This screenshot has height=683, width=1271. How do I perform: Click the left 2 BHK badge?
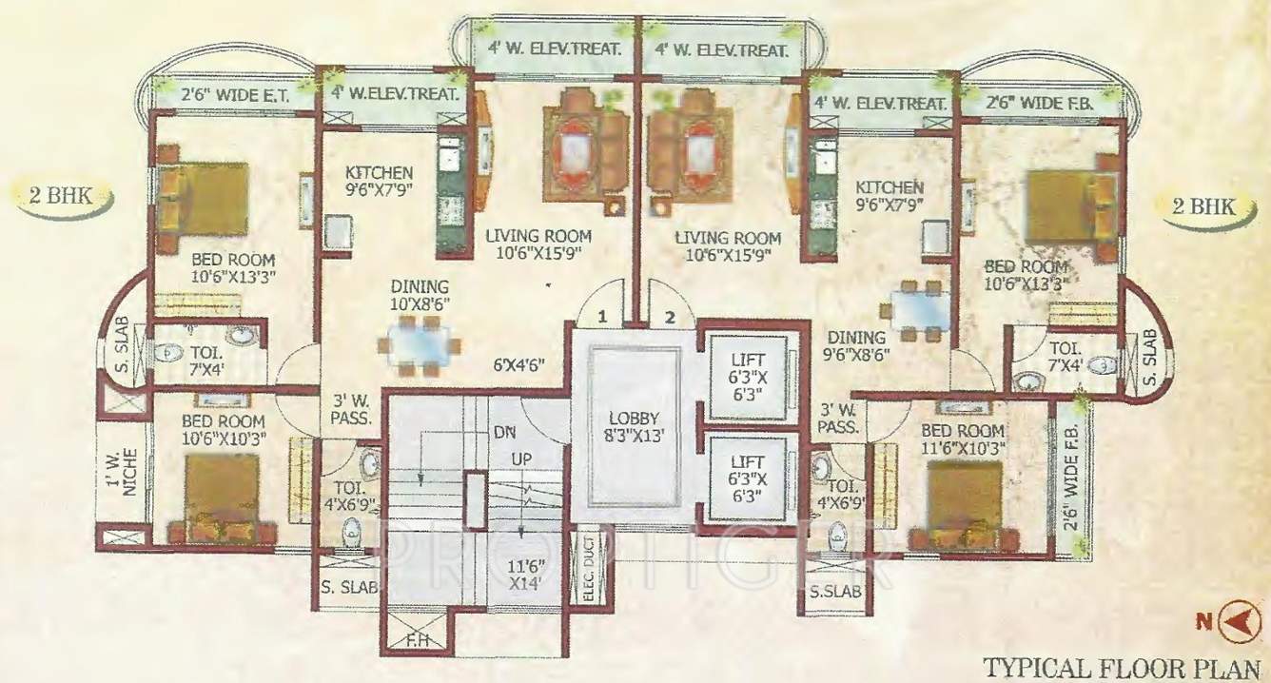click(x=62, y=197)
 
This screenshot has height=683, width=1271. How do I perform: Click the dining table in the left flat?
click(x=420, y=340)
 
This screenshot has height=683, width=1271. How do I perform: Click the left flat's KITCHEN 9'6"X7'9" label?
click(x=379, y=181)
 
